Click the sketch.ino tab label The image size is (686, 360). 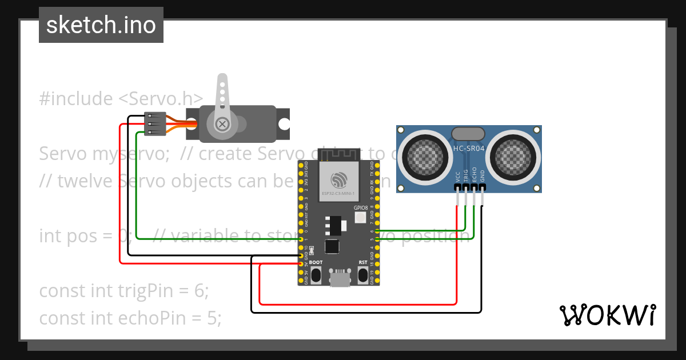pos(101,25)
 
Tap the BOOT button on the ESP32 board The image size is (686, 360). pos(316,275)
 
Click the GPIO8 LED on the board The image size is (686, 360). pos(361,217)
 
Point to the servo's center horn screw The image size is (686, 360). pos(222,123)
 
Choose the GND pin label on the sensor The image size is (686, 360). pos(482,177)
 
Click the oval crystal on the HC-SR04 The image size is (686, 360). pos(469,134)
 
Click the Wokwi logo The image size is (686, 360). pos(608,314)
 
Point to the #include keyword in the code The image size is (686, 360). pos(76,99)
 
